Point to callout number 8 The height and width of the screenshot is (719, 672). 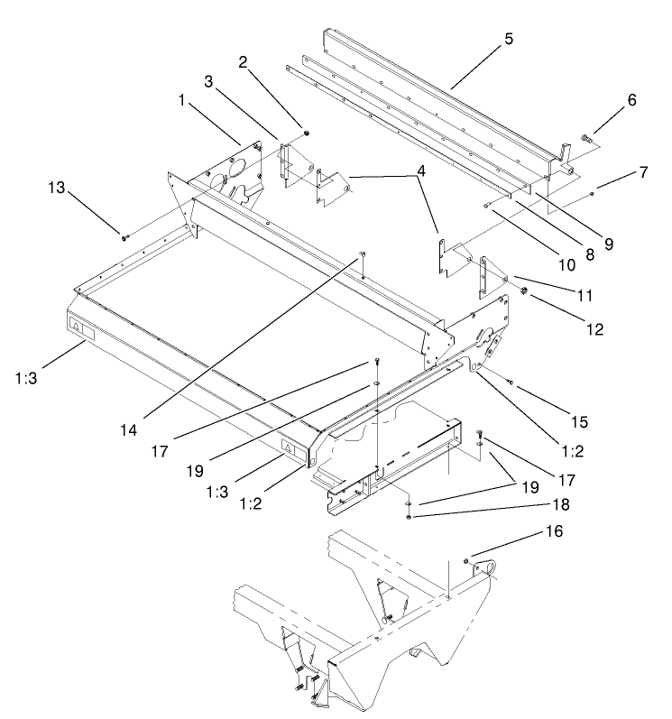(590, 254)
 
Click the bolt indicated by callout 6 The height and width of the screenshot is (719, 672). (588, 139)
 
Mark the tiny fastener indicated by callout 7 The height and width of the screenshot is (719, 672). (592, 193)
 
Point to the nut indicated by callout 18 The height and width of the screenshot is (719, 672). (410, 516)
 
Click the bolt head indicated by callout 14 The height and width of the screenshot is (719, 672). (361, 253)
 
